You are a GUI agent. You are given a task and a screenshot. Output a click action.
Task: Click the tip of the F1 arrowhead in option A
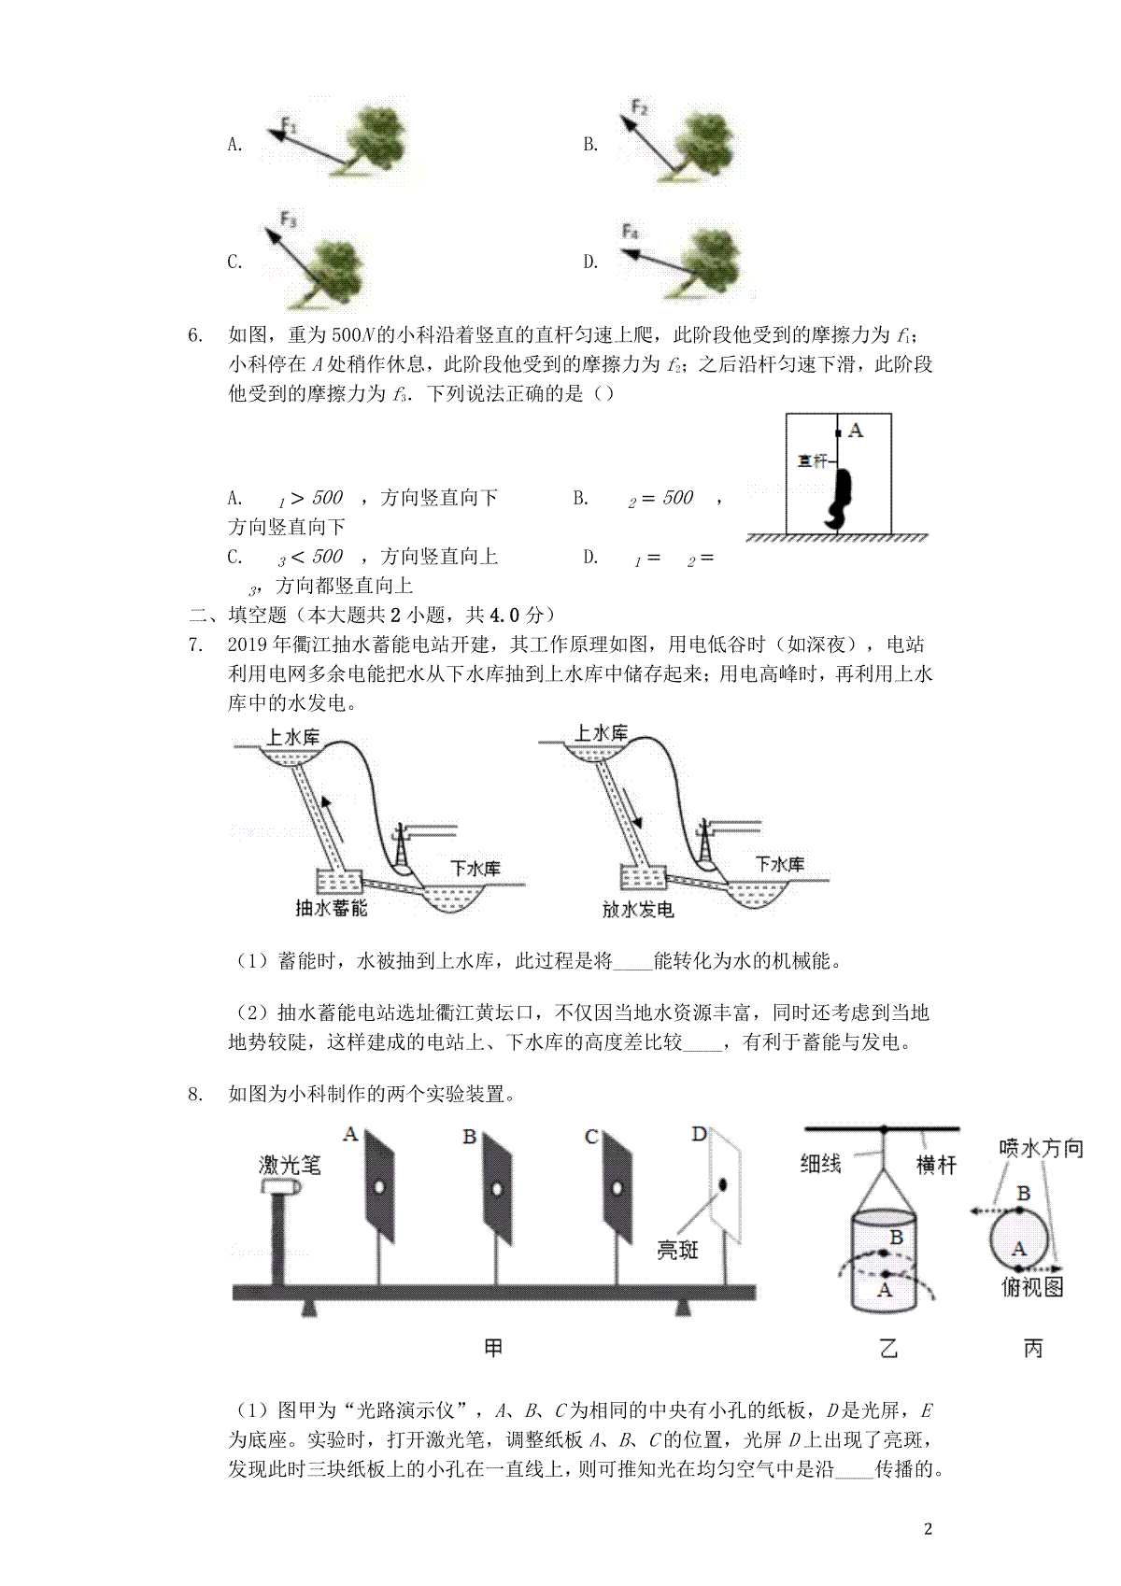pyautogui.click(x=267, y=131)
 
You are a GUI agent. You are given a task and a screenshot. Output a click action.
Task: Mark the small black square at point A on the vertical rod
pyautogui.click(x=838, y=433)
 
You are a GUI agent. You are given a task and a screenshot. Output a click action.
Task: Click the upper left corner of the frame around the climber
pyautogui.click(x=786, y=414)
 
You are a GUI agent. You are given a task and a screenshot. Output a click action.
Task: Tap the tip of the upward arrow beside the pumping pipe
pyautogui.click(x=324, y=797)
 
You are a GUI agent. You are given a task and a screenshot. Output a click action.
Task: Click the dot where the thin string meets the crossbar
pyautogui.click(x=884, y=1128)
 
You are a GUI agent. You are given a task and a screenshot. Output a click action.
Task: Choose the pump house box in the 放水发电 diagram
pyautogui.click(x=643, y=877)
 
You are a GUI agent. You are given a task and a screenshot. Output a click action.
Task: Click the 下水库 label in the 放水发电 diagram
pyautogui.click(x=780, y=864)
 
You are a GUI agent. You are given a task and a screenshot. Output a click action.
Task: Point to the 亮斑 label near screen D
pyautogui.click(x=677, y=1251)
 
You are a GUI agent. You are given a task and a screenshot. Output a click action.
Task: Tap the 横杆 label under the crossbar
pyautogui.click(x=936, y=1165)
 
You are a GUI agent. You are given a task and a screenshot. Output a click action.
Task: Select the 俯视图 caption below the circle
pyautogui.click(x=1032, y=1286)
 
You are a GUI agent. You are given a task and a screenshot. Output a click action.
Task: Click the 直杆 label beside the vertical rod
pyautogui.click(x=813, y=460)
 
